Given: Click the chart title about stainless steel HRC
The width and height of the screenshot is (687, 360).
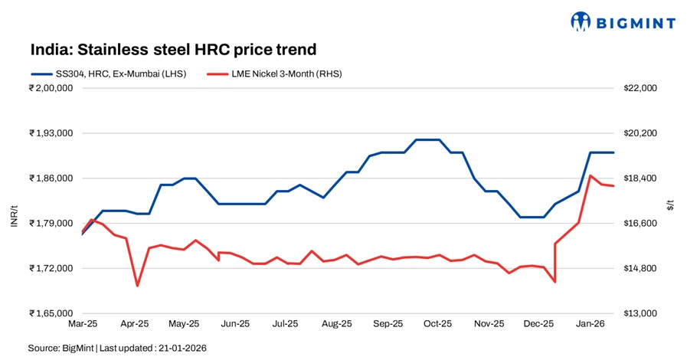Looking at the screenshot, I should (173, 50).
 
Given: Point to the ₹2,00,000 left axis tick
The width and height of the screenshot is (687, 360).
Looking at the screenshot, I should (51, 88).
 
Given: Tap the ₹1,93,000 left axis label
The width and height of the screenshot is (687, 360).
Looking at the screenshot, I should (51, 133).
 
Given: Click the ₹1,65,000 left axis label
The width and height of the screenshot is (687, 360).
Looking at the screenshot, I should (51, 313).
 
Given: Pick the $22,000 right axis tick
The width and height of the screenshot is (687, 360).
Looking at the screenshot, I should (640, 88).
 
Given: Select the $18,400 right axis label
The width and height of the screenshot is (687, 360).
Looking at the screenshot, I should (640, 178).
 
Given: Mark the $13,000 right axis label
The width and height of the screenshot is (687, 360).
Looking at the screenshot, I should (640, 313).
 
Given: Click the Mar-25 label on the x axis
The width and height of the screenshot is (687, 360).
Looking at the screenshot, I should (82, 324).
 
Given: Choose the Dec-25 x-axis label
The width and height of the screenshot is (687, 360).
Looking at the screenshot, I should (538, 324).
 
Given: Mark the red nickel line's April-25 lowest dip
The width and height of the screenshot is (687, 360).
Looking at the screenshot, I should (137, 286).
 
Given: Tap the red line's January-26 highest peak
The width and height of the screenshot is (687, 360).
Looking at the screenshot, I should (590, 176).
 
